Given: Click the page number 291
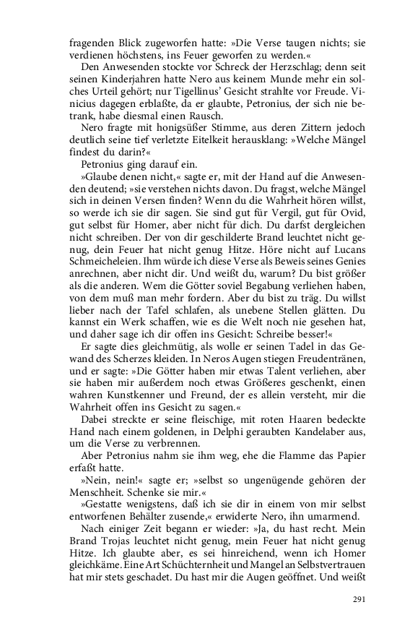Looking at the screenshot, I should pyautogui.click(x=359, y=599).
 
